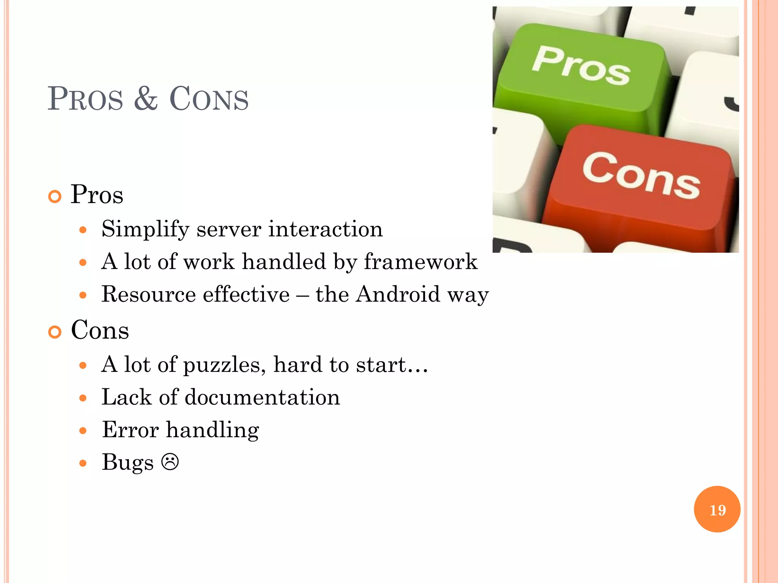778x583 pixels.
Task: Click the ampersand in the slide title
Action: (x=146, y=99)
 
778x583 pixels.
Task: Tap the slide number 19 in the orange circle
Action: (x=717, y=510)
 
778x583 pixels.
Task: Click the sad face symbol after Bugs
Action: (x=170, y=462)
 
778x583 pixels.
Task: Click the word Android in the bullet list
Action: (x=398, y=294)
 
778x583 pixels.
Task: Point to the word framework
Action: (x=421, y=262)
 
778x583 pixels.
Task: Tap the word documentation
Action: (x=262, y=397)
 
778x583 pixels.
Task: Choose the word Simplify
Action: (x=145, y=229)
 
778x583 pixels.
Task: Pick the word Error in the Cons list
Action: (x=130, y=430)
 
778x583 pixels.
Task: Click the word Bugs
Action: (x=127, y=463)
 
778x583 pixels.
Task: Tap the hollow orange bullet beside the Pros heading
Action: (x=55, y=197)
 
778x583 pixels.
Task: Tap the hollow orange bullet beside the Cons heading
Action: (x=55, y=332)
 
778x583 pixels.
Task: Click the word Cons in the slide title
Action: (x=209, y=99)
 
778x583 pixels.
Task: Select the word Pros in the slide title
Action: (x=85, y=99)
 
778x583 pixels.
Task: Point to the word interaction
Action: (x=326, y=229)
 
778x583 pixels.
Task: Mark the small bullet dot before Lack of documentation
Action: (x=83, y=398)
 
